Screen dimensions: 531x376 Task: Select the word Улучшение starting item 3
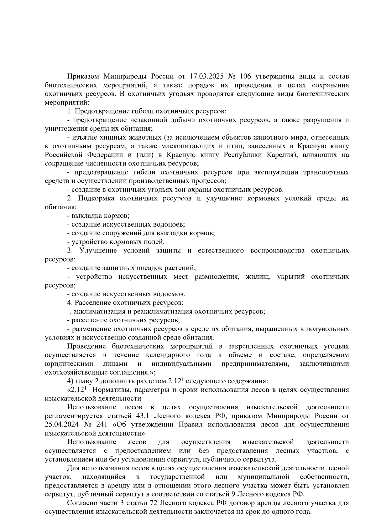[98, 251]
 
